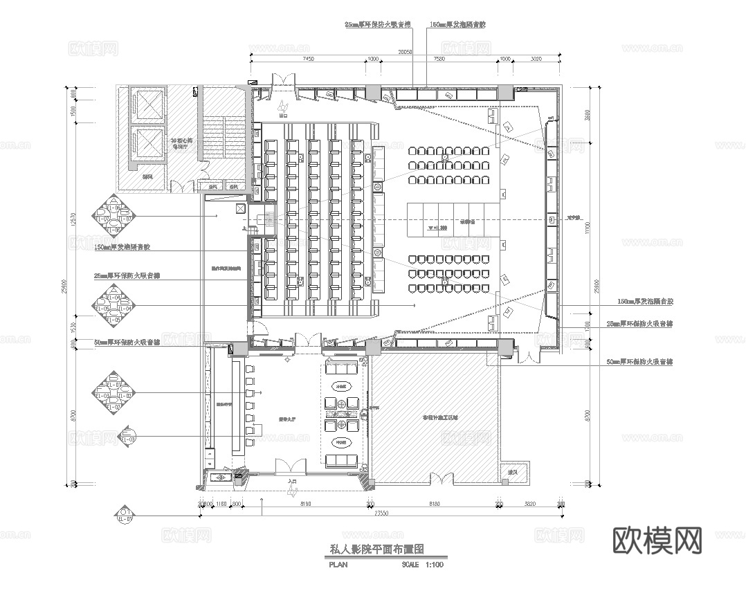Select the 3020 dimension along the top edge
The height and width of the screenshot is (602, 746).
click(x=535, y=60)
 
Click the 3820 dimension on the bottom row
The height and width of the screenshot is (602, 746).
click(x=529, y=504)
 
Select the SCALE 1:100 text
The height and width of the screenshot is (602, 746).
click(x=422, y=565)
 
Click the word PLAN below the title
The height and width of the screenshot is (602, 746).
click(x=338, y=565)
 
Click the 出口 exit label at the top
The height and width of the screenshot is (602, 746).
click(x=284, y=116)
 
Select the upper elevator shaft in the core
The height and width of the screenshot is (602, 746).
click(x=148, y=104)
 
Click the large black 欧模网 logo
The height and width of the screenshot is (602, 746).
click(x=658, y=540)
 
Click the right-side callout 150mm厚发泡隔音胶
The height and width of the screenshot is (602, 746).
click(x=645, y=302)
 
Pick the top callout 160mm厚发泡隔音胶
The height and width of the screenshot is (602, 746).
click(x=458, y=24)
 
